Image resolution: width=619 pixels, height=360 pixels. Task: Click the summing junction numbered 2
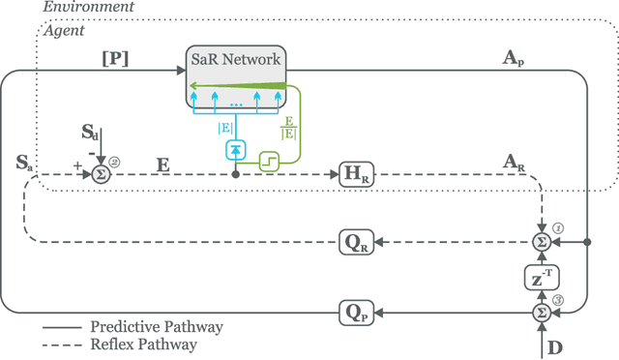coord(98,175)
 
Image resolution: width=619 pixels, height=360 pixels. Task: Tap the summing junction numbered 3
coord(543,312)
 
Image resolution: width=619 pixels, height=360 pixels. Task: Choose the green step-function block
coord(269,165)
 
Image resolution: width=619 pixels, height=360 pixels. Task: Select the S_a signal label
coord(25,163)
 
